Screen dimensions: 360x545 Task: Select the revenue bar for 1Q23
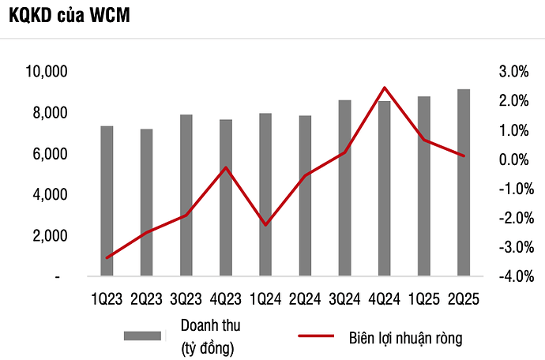107,201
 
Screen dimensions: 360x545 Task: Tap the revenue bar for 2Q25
464,183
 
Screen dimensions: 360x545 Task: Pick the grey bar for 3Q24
344,189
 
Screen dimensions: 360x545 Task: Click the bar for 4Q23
226,198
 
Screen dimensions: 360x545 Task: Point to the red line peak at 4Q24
384,88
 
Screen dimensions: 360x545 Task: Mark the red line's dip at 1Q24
265,225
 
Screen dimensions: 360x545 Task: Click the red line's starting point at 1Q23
107,257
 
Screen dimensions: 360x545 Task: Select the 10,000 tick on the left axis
47,73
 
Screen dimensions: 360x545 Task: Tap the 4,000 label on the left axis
50,195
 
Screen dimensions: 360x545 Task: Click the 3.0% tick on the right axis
513,73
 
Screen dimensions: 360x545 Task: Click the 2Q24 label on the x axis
305,299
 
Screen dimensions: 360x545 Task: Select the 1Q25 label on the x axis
423,299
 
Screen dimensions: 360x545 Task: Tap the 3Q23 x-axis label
186,299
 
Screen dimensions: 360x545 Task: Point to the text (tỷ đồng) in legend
208,347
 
